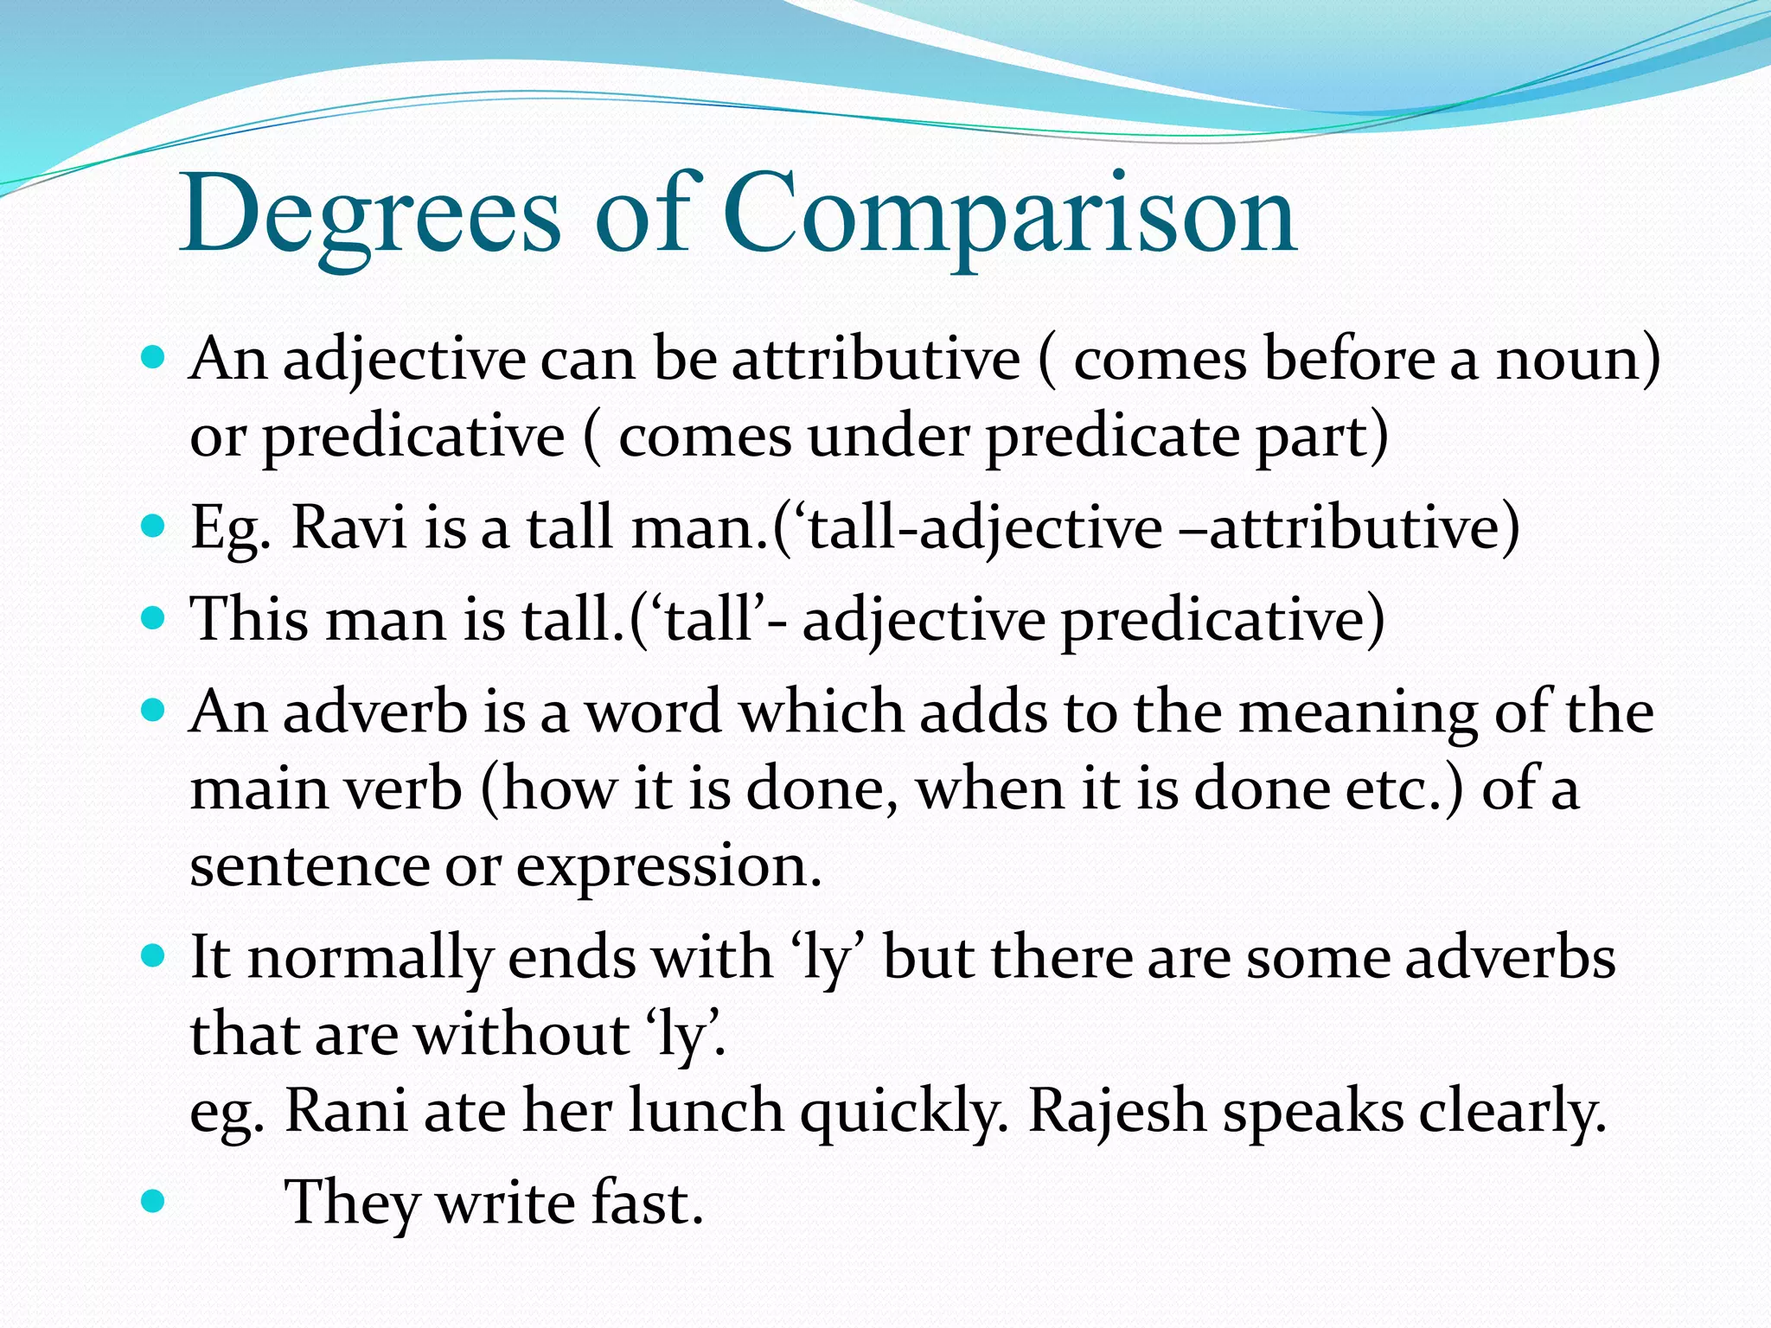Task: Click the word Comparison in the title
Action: tap(1008, 216)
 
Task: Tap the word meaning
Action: tap(1359, 714)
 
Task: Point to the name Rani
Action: tap(346, 1110)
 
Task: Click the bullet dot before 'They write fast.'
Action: tap(152, 1201)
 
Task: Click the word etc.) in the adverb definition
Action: tap(1405, 788)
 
